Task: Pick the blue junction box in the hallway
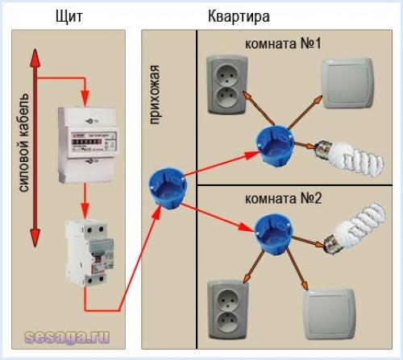pos(160,192)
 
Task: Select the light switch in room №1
pos(347,82)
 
